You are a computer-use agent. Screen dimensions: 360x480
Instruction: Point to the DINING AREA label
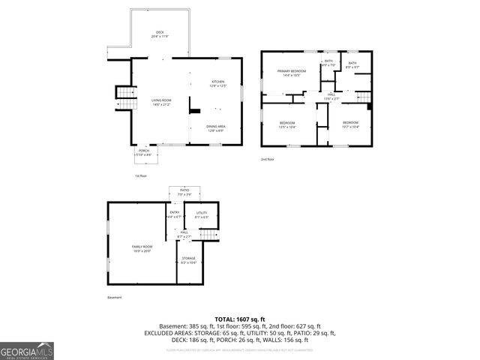(x=216, y=127)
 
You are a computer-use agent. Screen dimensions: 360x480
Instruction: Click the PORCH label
(x=142, y=153)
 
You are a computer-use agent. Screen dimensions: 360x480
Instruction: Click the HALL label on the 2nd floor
(x=331, y=95)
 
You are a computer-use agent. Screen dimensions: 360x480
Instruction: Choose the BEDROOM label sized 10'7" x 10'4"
(x=351, y=124)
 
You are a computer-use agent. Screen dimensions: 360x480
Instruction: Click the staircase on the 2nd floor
(x=363, y=96)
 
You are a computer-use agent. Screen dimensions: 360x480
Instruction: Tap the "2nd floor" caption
(x=268, y=159)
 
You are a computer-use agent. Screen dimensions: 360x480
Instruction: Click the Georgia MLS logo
(x=27, y=351)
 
